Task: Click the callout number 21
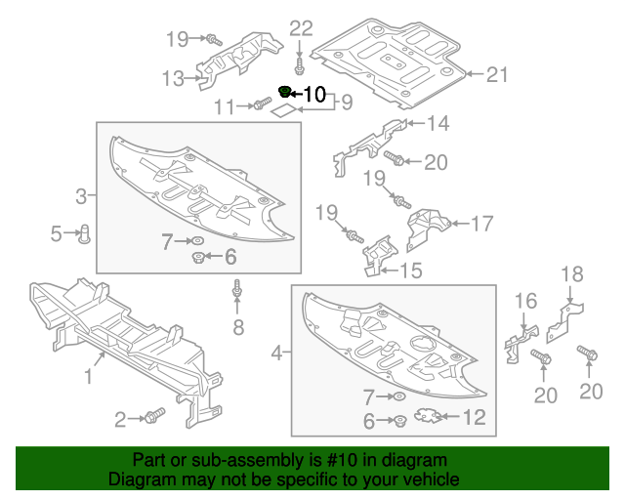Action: (x=499, y=74)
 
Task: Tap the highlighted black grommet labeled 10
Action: (x=285, y=92)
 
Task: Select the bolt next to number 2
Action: (x=154, y=417)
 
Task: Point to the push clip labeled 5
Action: (x=85, y=233)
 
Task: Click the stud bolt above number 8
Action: (x=236, y=290)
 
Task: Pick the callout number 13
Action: (x=172, y=77)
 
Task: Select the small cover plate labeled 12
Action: (x=427, y=417)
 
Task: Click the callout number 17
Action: (x=481, y=224)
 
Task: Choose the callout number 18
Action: (x=571, y=274)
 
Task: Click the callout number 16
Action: (x=525, y=301)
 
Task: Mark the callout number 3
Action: (x=81, y=196)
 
